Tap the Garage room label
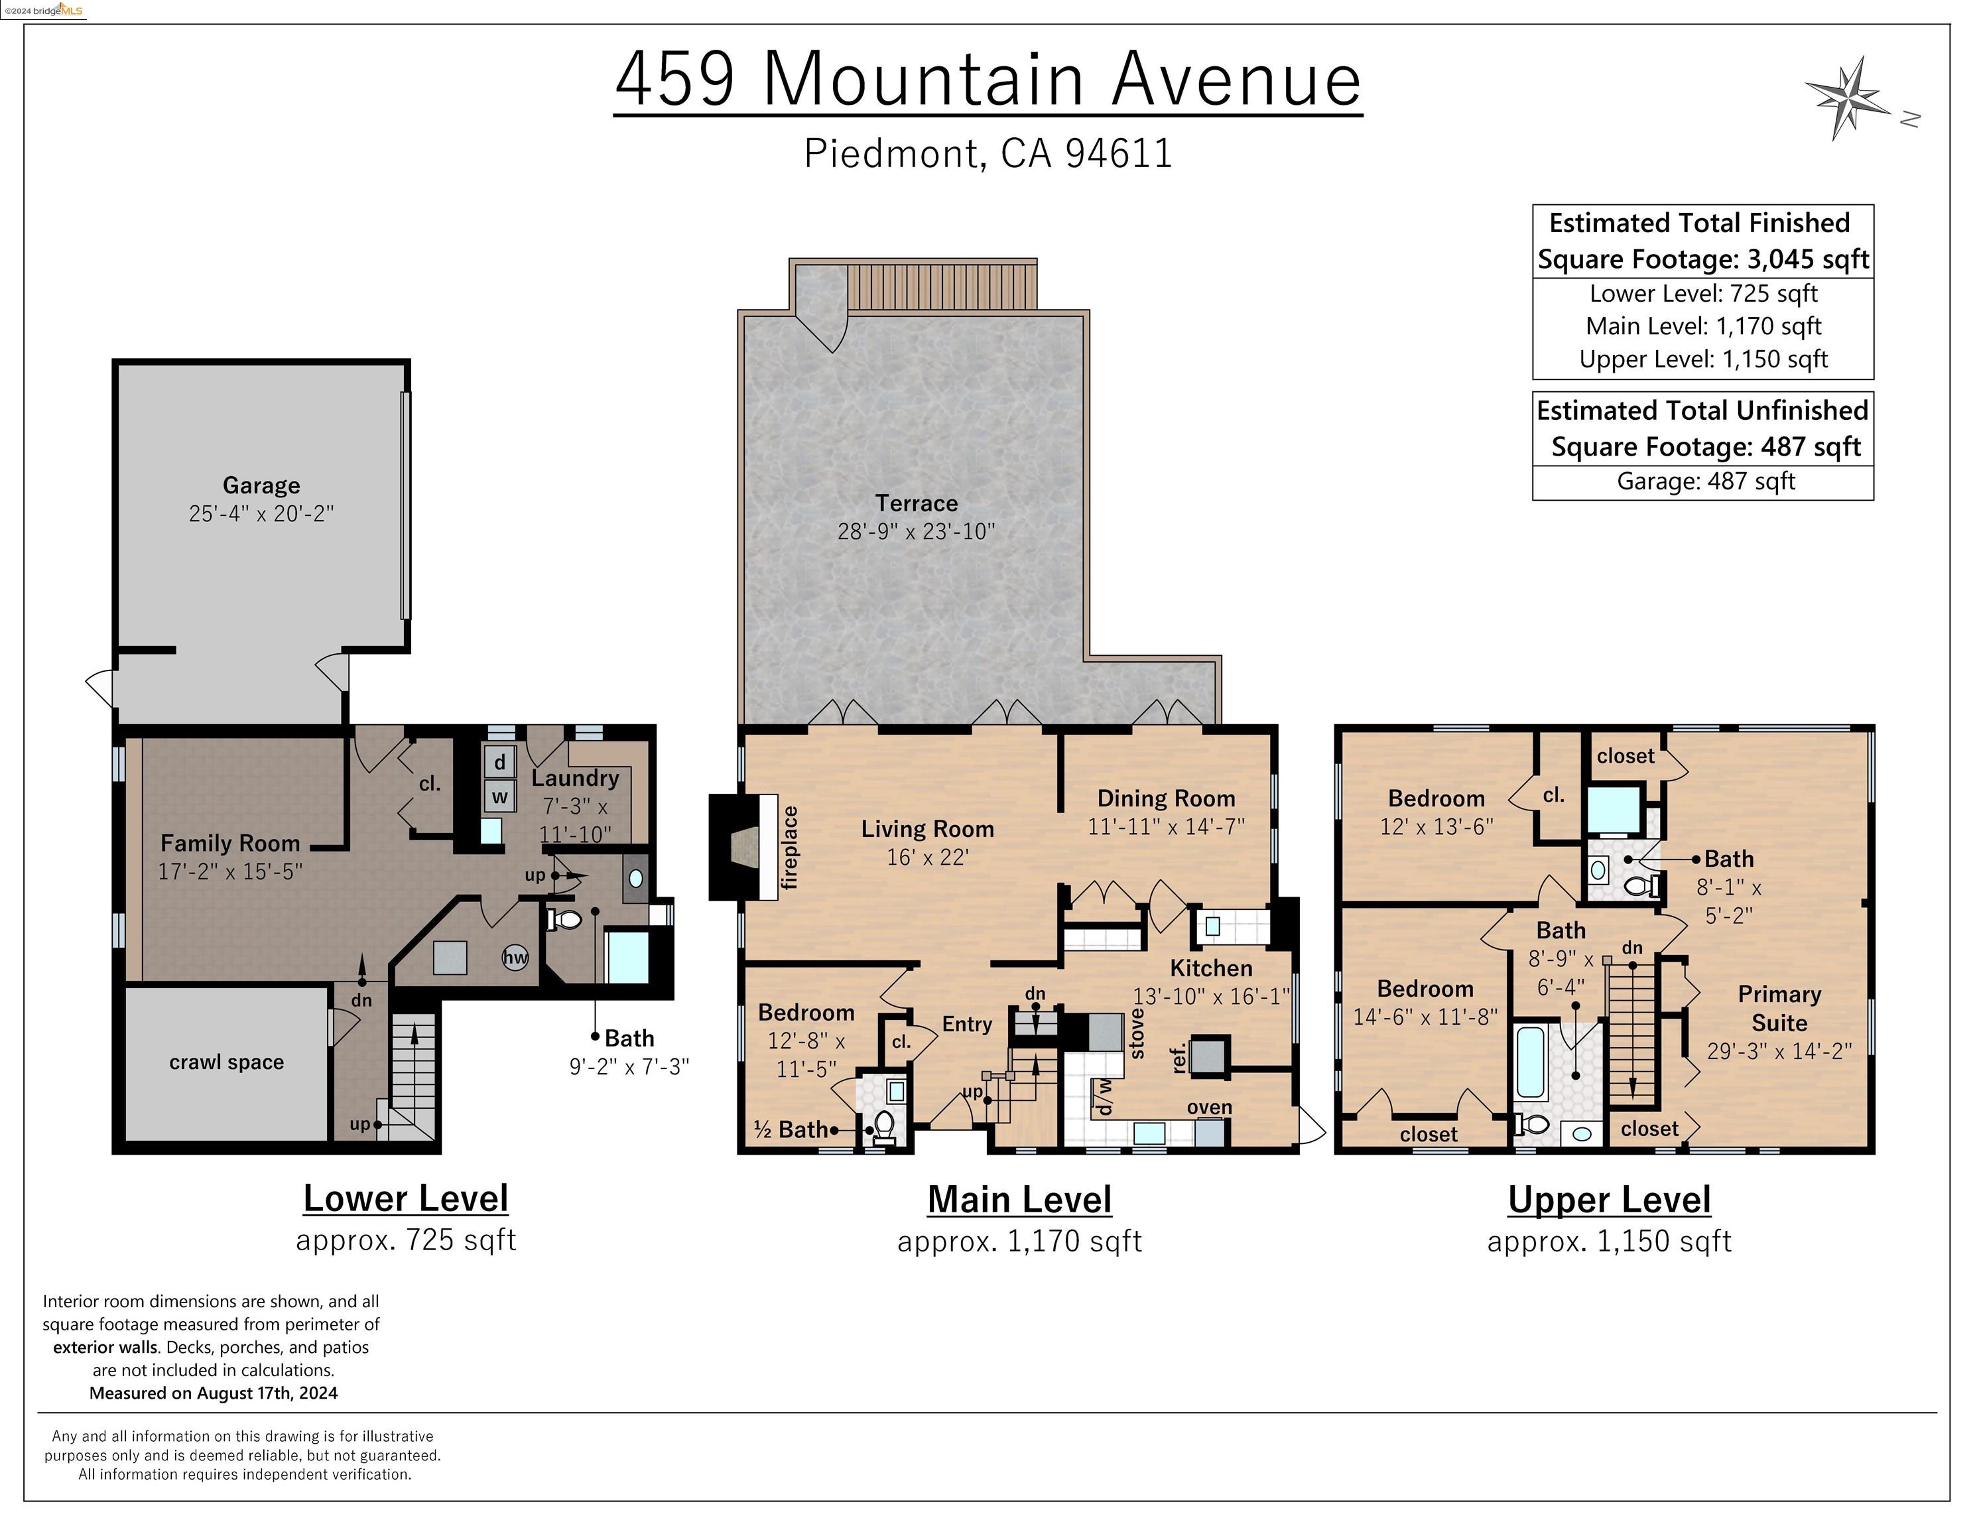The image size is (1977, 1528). (261, 486)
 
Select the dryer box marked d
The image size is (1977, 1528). (499, 762)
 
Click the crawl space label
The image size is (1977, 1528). (226, 1062)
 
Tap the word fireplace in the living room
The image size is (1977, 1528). (789, 848)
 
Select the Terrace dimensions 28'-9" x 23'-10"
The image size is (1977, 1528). (915, 531)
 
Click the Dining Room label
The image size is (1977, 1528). (1166, 798)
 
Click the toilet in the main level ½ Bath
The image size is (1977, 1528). (883, 1125)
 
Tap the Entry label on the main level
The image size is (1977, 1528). (967, 1024)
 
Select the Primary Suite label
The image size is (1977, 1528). (1779, 1009)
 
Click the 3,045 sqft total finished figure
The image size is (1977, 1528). (1807, 260)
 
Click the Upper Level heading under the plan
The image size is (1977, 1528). (1608, 1200)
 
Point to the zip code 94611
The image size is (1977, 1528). (1119, 153)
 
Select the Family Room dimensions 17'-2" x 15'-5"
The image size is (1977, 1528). (230, 871)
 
